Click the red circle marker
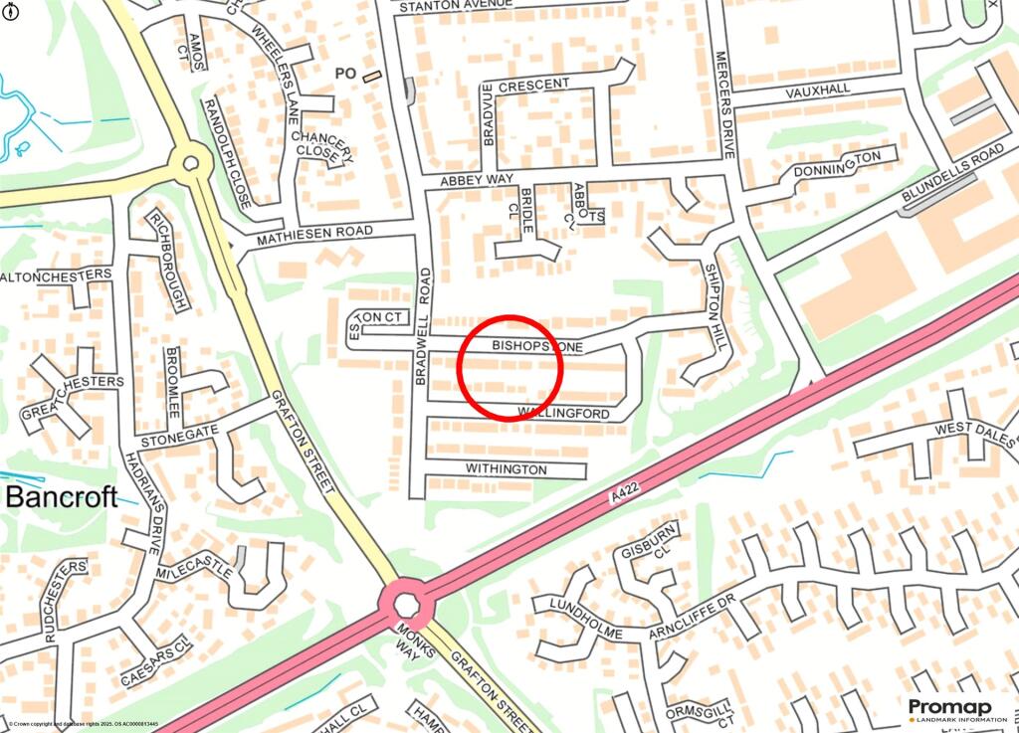pyautogui.click(x=510, y=368)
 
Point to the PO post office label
pyautogui.click(x=345, y=73)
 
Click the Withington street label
pyautogui.click(x=507, y=469)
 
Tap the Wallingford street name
pyautogui.click(x=563, y=413)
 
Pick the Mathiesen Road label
pyautogui.click(x=314, y=236)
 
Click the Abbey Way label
pyautogui.click(x=477, y=180)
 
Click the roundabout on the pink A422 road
pyautogui.click(x=406, y=604)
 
